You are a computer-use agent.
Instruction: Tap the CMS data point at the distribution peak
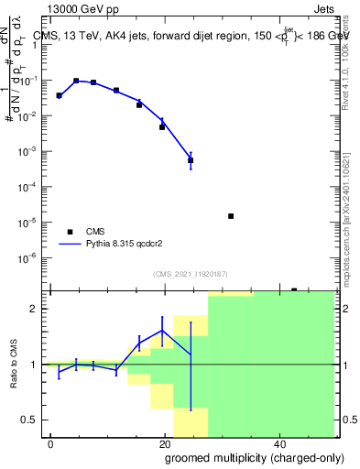[76, 81]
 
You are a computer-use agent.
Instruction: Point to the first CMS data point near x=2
[59, 95]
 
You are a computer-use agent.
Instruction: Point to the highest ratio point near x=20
[162, 331]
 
